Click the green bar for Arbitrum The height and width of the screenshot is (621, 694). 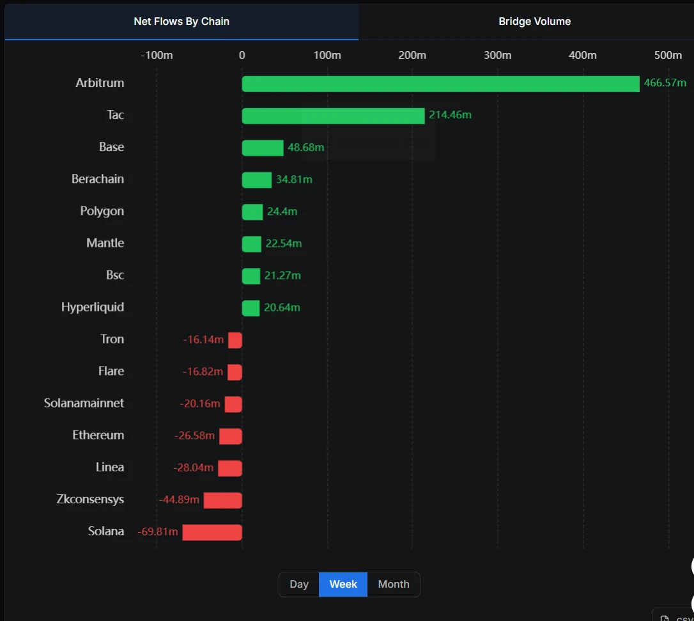pyautogui.click(x=440, y=84)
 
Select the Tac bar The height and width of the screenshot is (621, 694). pyautogui.click(x=333, y=116)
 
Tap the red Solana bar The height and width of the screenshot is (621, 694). pyautogui.click(x=212, y=532)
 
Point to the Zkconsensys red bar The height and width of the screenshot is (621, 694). pyautogui.click(x=222, y=500)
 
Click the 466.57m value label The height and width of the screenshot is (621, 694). pyautogui.click(x=665, y=83)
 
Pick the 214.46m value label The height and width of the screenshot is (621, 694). pyautogui.click(x=450, y=115)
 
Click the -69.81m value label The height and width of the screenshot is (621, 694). pyautogui.click(x=158, y=531)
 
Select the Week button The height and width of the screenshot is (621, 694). pyautogui.click(x=343, y=584)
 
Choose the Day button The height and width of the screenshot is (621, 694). pyautogui.click(x=299, y=584)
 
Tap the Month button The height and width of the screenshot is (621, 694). pyautogui.click(x=394, y=584)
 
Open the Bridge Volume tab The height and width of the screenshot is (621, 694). pyautogui.click(x=534, y=22)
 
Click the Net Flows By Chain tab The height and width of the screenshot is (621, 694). pyautogui.click(x=181, y=22)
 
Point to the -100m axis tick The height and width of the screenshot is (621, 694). pyautogui.click(x=157, y=55)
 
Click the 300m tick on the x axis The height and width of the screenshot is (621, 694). pyautogui.click(x=497, y=55)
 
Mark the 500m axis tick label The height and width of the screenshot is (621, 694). pyautogui.click(x=668, y=55)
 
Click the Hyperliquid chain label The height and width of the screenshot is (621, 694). pyautogui.click(x=93, y=307)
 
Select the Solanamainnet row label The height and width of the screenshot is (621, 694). pyautogui.click(x=84, y=403)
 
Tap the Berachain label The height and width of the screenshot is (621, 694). pyautogui.click(x=98, y=179)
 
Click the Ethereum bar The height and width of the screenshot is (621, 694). pyautogui.click(x=231, y=436)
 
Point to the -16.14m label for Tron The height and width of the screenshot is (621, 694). pyautogui.click(x=203, y=340)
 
